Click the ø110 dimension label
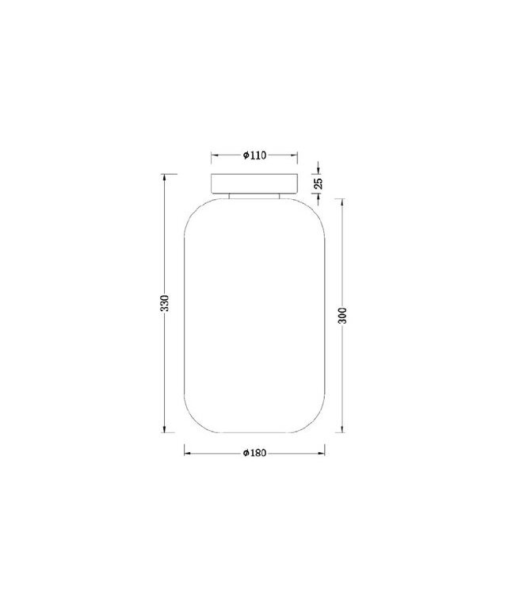(254, 155)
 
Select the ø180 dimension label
(254, 453)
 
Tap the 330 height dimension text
(164, 303)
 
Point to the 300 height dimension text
(342, 315)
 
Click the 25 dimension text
(319, 183)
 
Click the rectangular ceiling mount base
(254, 184)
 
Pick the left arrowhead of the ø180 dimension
(187, 453)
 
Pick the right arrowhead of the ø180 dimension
(322, 453)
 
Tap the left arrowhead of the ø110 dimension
(215, 155)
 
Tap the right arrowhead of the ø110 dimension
(294, 155)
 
